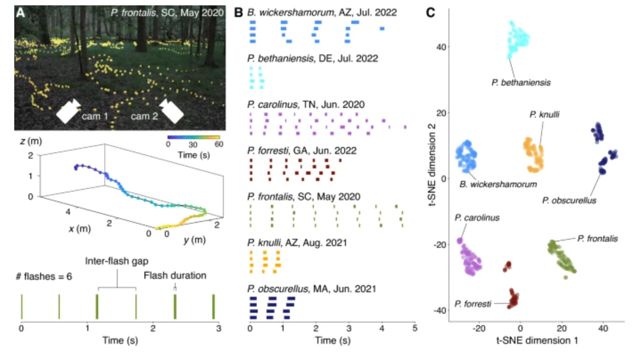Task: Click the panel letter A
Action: [21, 12]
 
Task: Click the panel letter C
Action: [431, 13]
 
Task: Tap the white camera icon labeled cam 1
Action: [68, 112]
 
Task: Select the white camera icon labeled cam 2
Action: [172, 112]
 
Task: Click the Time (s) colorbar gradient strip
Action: [193, 138]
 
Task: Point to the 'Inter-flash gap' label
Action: [117, 261]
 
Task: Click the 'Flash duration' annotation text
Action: [175, 275]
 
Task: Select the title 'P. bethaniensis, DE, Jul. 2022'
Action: [312, 58]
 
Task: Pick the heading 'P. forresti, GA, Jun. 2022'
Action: [301, 151]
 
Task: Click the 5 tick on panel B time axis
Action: [415, 329]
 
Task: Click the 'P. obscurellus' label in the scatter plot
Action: [569, 200]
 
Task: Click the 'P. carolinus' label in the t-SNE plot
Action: [477, 218]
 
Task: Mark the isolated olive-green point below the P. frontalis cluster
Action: [565, 277]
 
